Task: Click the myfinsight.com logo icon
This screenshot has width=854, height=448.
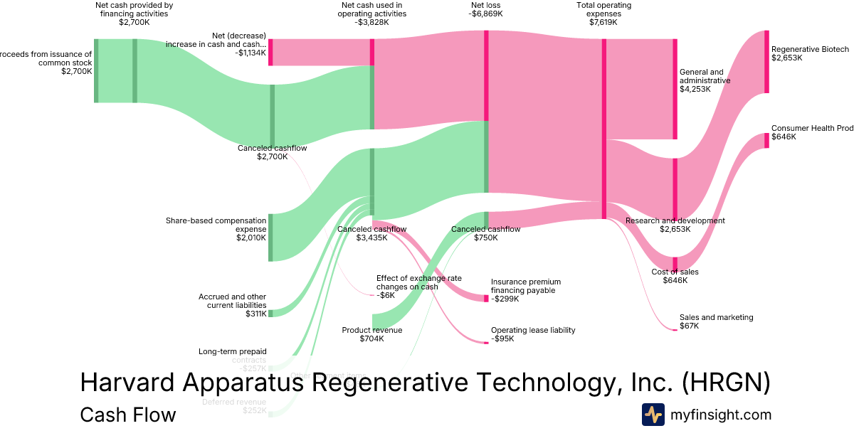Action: click(653, 415)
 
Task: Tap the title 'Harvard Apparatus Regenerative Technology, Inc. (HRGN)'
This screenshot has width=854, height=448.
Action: click(425, 383)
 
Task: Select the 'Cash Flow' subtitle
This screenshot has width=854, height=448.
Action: click(128, 415)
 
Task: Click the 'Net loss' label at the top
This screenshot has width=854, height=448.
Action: click(486, 6)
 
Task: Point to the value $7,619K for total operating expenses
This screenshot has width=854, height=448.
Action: click(603, 22)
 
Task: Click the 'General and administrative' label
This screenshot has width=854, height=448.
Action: click(705, 76)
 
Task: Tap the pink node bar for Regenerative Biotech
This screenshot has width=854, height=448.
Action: click(766, 62)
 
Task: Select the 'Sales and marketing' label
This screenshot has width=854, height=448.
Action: click(716, 317)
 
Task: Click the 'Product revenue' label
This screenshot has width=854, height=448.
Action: click(371, 330)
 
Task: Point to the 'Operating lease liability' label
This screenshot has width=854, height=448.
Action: click(533, 330)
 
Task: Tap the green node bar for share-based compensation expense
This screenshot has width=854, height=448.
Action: click(270, 238)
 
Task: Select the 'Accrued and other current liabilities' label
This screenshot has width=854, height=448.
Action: click(232, 301)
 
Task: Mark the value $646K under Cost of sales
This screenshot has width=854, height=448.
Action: click(675, 280)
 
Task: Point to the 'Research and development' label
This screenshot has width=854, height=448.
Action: click(675, 220)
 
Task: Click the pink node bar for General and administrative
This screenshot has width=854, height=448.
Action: click(675, 89)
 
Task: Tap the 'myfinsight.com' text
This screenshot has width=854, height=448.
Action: click(720, 415)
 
